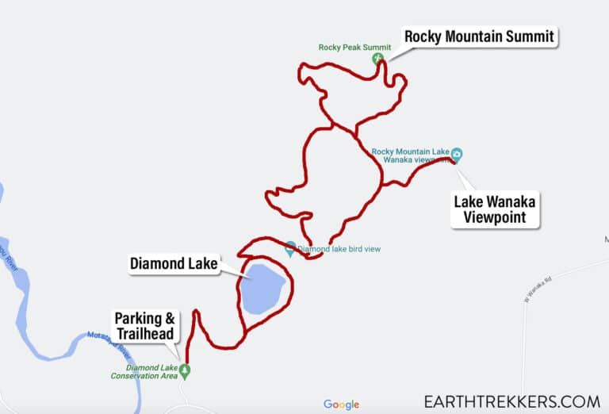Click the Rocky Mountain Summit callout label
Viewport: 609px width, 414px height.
tap(479, 36)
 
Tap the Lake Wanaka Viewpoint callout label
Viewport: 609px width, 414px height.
tap(495, 209)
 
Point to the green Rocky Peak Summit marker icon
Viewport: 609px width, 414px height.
tap(378, 57)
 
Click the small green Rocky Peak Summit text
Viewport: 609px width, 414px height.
tap(344, 47)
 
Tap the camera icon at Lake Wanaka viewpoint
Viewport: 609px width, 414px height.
tap(458, 154)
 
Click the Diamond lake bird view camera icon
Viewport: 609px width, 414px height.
tap(290, 247)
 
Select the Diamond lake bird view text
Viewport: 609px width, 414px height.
tap(339, 249)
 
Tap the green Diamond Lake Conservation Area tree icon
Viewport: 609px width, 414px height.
tap(186, 370)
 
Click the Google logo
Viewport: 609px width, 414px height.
tap(341, 404)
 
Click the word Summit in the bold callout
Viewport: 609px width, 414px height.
tap(527, 36)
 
